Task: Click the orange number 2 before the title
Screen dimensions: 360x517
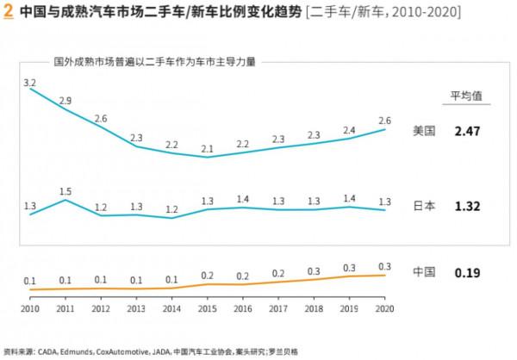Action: pyautogui.click(x=8, y=13)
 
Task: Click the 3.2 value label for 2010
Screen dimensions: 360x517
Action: pyautogui.click(x=29, y=83)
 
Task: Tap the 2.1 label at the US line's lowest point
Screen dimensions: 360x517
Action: pyautogui.click(x=207, y=149)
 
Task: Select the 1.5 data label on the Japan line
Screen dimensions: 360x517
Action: pyautogui.click(x=65, y=191)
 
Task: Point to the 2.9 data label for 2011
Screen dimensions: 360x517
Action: pyautogui.click(x=65, y=101)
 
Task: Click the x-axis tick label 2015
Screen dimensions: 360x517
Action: pyautogui.click(x=207, y=308)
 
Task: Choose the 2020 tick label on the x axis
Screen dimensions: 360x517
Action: pyautogui.click(x=385, y=308)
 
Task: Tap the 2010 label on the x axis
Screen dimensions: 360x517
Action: pyautogui.click(x=30, y=308)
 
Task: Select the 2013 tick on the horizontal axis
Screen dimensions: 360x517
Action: pyautogui.click(x=136, y=308)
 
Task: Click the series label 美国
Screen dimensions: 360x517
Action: pyautogui.click(x=425, y=131)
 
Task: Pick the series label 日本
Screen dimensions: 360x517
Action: pyautogui.click(x=425, y=207)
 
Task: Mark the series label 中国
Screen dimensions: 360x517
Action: pyautogui.click(x=425, y=273)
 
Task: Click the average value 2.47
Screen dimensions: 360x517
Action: pyautogui.click(x=466, y=131)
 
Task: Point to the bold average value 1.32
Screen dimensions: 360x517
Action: pyautogui.click(x=466, y=207)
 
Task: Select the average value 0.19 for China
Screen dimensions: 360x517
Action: pyautogui.click(x=466, y=273)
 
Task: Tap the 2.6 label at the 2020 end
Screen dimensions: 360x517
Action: pyautogui.click(x=385, y=121)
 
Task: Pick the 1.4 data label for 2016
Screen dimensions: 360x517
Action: pyautogui.click(x=242, y=199)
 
